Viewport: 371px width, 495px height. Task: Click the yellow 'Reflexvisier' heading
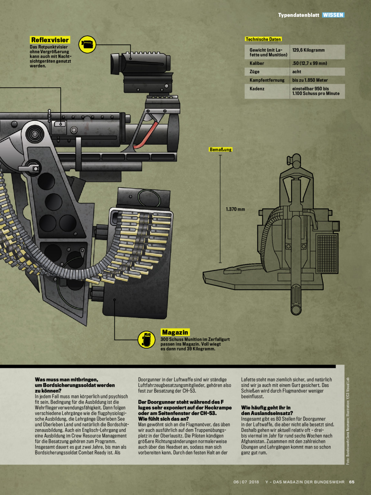pos(50,40)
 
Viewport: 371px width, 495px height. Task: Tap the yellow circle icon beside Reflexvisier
pos(87,44)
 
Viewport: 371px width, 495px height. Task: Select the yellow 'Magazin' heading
pos(175,332)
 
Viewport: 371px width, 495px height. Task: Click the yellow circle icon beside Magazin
pos(147,340)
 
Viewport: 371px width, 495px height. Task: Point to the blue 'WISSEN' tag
pos(333,15)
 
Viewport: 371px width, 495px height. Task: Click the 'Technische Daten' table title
pos(263,39)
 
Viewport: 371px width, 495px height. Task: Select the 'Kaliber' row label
pos(257,63)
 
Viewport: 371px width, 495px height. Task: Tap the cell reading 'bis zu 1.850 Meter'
pos(310,80)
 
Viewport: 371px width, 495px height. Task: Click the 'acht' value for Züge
pos(297,72)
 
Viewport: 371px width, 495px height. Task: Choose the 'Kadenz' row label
pos(257,89)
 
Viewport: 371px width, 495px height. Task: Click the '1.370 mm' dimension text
pos(235,209)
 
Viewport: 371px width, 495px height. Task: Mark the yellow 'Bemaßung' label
pos(221,150)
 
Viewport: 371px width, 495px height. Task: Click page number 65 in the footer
pos(352,482)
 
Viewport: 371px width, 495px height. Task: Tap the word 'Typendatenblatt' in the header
pos(299,15)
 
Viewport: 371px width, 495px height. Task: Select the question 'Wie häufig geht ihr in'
pos(266,408)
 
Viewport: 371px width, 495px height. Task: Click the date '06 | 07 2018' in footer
pos(246,482)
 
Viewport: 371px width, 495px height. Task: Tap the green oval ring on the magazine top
pos(149,198)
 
